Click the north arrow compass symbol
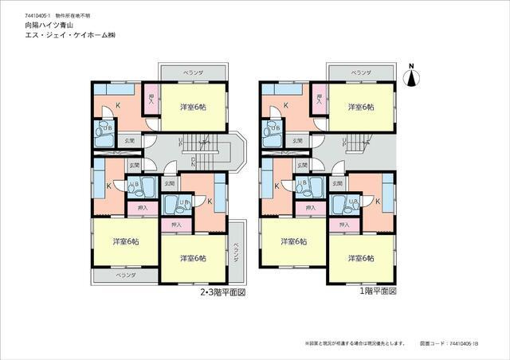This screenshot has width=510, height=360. [x=412, y=76]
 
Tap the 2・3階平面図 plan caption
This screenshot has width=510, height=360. [x=222, y=292]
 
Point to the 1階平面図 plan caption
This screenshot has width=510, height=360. [x=377, y=292]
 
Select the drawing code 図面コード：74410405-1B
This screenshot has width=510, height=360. [x=449, y=344]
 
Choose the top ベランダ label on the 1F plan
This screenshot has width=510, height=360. [x=361, y=72]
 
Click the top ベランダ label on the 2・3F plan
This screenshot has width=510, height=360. [x=193, y=72]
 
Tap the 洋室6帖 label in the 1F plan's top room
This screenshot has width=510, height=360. [x=361, y=107]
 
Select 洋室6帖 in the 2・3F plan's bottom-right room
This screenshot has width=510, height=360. [x=194, y=258]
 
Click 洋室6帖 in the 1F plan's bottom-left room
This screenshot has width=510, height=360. [x=292, y=241]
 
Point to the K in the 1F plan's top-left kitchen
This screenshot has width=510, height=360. [x=286, y=105]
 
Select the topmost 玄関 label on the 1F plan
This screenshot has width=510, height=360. [x=297, y=141]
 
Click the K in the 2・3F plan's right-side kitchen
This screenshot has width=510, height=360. [x=209, y=202]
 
